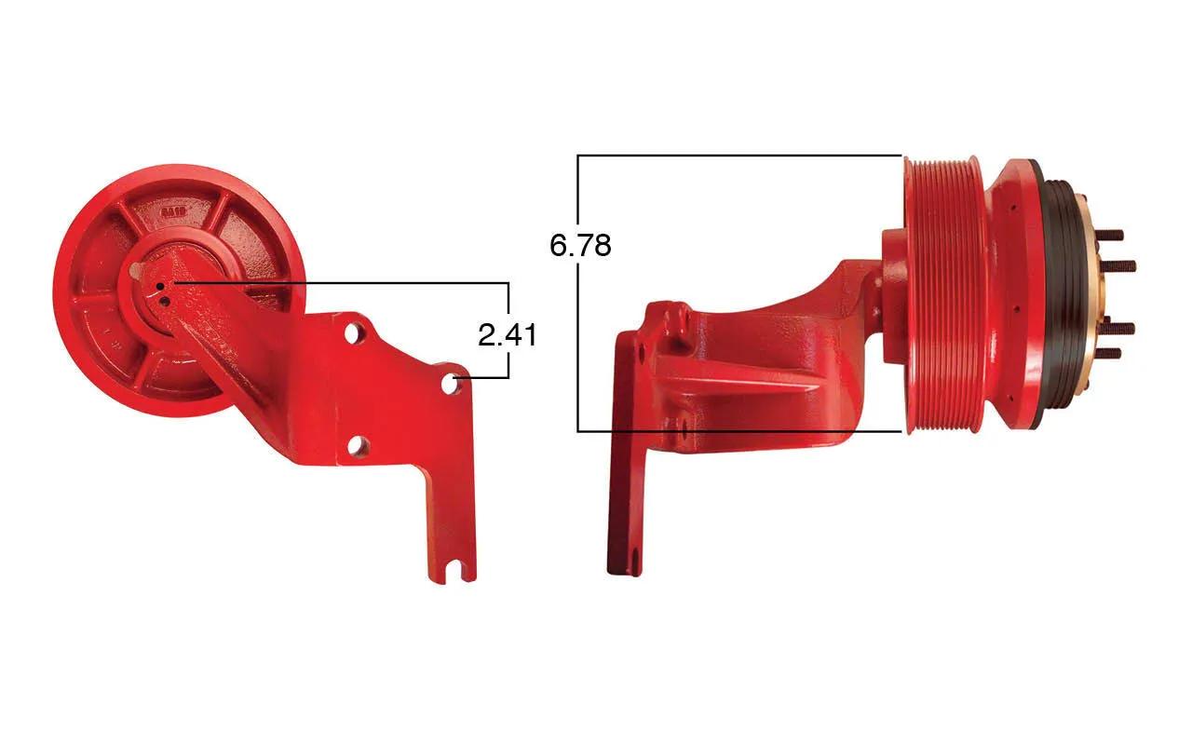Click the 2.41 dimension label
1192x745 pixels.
[508, 335]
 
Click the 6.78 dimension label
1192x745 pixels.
[580, 245]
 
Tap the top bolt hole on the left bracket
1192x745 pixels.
[352, 333]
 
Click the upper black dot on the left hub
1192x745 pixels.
[160, 287]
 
